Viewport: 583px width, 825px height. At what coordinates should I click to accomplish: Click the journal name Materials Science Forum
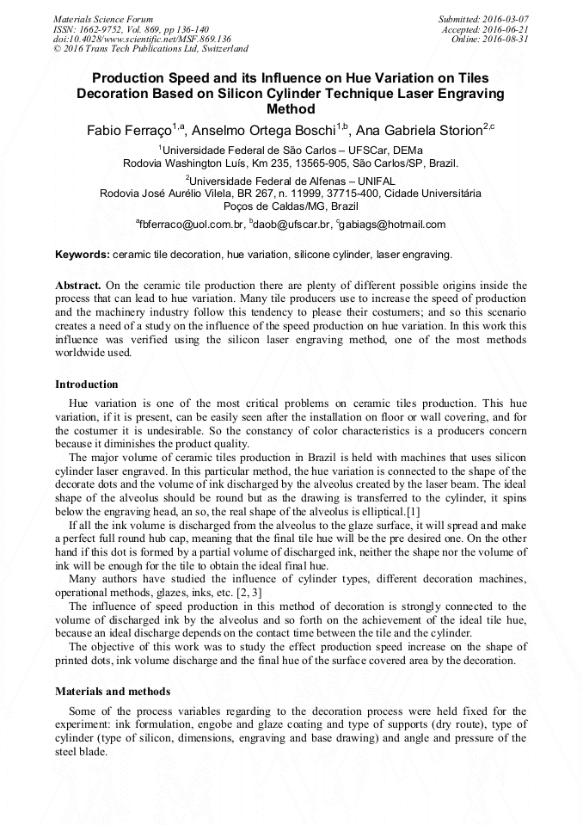pyautogui.click(x=103, y=18)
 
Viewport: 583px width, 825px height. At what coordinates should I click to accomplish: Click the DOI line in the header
pyautogui.click(x=142, y=39)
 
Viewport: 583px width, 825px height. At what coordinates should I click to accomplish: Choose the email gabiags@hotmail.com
pyautogui.click(x=394, y=225)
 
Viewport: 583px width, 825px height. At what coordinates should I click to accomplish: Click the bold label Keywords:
pyautogui.click(x=83, y=256)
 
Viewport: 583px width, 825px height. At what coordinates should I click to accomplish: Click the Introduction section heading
pyautogui.click(x=87, y=384)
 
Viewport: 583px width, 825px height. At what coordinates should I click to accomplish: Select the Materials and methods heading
pyautogui.click(x=113, y=691)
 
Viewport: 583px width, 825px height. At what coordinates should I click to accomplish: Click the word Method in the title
pyautogui.click(x=291, y=109)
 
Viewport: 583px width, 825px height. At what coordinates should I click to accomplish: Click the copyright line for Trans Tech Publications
pyautogui.click(x=150, y=49)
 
